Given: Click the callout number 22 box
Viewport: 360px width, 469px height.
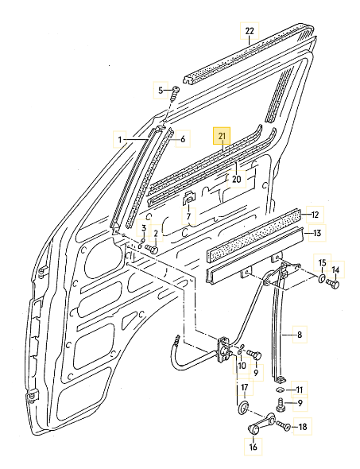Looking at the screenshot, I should [249, 32].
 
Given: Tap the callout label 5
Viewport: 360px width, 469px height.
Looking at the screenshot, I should [159, 90].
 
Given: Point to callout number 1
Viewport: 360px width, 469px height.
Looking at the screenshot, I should [121, 140].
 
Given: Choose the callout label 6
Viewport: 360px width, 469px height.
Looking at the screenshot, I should [182, 139].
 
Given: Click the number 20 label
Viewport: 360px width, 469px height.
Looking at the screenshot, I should [236, 179].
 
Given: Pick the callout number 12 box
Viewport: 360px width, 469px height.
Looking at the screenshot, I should [315, 214].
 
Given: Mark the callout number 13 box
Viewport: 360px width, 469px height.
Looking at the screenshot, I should [318, 233].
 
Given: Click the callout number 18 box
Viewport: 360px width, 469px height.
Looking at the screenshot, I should [302, 427].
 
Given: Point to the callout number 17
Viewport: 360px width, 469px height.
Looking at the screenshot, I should [245, 388].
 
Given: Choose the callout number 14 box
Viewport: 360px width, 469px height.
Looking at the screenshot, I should [335, 270].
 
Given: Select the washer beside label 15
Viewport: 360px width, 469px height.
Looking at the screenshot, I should [319, 280].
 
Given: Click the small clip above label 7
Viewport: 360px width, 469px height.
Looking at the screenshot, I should [188, 197].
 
